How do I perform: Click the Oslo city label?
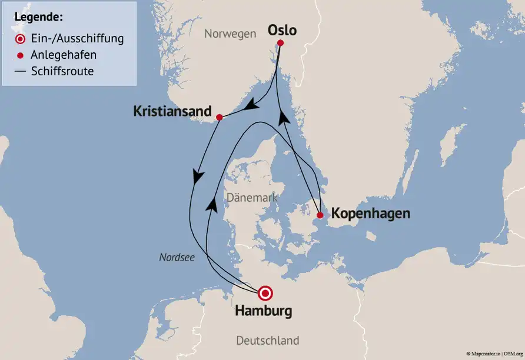tap(282, 30)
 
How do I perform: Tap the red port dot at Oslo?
tap(280, 44)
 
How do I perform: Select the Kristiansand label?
tap(172, 111)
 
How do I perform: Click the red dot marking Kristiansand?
tap(219, 118)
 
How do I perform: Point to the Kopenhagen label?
tap(370, 213)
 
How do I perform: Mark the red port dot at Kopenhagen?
tap(320, 215)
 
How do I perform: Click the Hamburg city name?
tap(263, 311)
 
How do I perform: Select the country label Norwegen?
tap(230, 34)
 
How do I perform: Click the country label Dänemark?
tap(252, 198)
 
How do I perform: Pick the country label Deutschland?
tap(267, 340)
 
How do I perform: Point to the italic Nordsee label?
tap(177, 257)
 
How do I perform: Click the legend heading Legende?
tap(38, 16)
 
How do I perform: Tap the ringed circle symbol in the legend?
tap(20, 39)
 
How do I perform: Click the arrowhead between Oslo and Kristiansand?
tap(252, 105)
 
